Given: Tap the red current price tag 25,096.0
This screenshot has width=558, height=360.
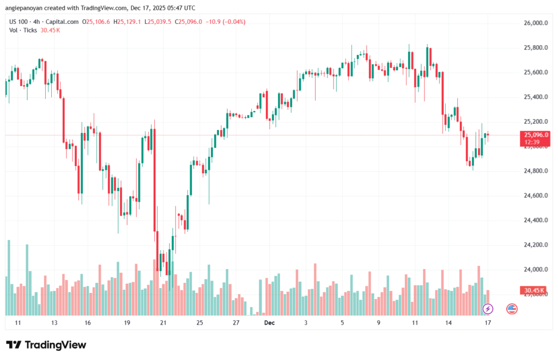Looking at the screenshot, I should click(x=536, y=135).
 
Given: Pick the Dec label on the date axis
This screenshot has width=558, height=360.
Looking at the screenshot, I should click(x=269, y=322).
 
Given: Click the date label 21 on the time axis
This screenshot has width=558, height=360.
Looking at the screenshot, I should click(x=163, y=322).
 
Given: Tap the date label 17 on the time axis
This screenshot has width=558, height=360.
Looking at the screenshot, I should click(x=488, y=322).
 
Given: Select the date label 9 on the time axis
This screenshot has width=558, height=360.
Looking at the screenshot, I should click(x=378, y=322).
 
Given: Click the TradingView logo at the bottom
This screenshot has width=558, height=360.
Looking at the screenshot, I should click(x=46, y=345).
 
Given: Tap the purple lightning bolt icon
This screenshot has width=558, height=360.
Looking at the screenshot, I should click(x=488, y=309).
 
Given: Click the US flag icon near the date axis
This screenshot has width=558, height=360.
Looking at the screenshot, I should click(x=512, y=309).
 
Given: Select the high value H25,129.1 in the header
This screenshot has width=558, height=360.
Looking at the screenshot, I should click(x=126, y=22).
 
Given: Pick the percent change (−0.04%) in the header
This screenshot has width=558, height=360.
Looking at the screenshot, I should click(x=233, y=22).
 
